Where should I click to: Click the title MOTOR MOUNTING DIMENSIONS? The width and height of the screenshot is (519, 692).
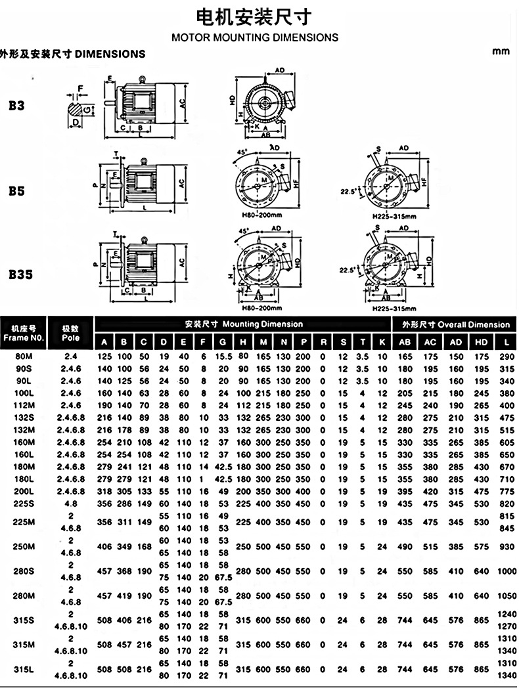coord(255,37)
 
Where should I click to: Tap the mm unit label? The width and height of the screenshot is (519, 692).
coord(501,51)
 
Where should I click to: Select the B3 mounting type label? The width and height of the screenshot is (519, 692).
coord(17,104)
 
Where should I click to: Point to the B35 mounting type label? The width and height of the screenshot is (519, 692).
coord(20,274)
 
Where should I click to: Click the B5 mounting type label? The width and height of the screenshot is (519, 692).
coord(17,191)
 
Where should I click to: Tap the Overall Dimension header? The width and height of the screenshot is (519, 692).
coord(456,324)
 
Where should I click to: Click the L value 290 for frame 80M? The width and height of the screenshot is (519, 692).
coord(506,356)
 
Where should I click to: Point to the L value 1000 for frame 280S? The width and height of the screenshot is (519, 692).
coord(506,571)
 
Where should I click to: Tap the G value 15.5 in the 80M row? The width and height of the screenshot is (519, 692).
coord(223,356)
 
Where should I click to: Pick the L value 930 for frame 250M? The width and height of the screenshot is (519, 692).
coord(506,547)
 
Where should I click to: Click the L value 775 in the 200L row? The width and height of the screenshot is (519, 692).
coord(506,491)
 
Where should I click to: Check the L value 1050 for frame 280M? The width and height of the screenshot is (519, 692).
coord(506,596)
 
